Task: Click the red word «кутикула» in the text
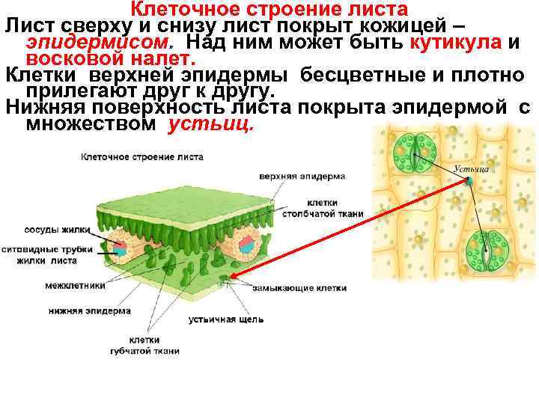pyautogui.click(x=456, y=42)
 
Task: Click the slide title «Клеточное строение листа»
pyautogui.click(x=269, y=10)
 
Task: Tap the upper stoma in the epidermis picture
pyautogui.click(x=416, y=153)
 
